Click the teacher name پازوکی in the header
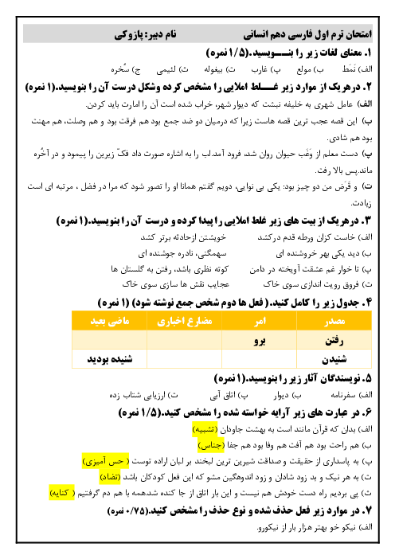click(127, 34)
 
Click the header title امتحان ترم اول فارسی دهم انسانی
click(307, 34)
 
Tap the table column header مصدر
click(334, 321)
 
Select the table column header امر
click(260, 321)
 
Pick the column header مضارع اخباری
click(185, 321)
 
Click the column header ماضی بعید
click(110, 321)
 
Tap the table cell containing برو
click(260, 341)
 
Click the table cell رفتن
click(334, 341)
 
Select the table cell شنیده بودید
click(110, 359)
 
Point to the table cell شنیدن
click(334, 359)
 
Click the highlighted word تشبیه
click(205, 429)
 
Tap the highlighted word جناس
click(211, 446)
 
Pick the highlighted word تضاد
click(110, 477)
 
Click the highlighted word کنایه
click(62, 494)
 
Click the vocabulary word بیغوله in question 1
click(213, 69)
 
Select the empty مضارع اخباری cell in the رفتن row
click(185, 341)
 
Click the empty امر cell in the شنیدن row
click(260, 359)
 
